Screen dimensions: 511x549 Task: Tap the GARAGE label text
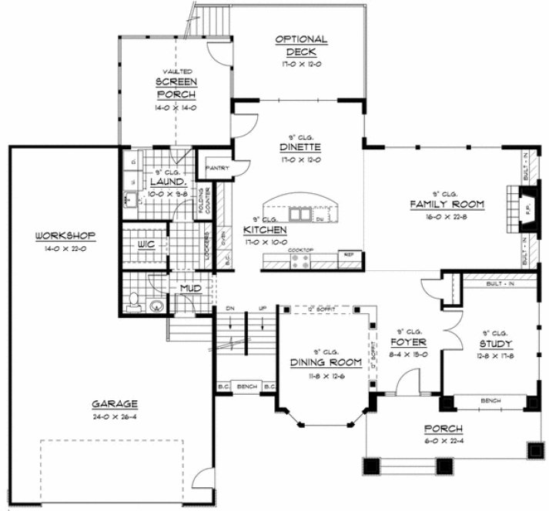115,403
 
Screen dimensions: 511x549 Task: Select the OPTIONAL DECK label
300,46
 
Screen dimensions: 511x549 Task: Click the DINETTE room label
300,148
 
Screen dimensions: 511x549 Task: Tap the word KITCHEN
265,230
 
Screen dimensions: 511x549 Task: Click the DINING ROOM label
322,362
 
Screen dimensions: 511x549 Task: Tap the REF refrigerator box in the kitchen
348,255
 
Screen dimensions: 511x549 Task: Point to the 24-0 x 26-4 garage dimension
115,416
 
